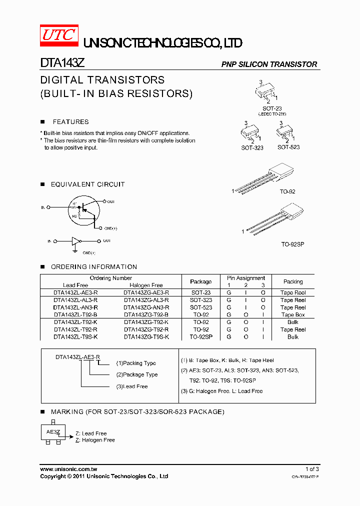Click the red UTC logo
59,35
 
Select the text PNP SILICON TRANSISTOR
269,64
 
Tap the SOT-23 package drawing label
272,108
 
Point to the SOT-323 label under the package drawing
252,148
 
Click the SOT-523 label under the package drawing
288,147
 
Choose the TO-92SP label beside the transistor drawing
292,244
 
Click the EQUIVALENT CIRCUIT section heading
87,184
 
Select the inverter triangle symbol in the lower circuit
75,241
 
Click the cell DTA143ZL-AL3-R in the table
75,300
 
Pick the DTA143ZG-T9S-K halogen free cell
146,337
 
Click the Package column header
201,281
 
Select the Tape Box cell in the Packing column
293,315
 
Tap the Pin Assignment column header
245,278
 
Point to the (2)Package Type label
137,374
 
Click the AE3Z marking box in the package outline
53,432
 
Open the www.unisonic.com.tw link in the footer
68,469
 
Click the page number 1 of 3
311,469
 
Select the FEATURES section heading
70,122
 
